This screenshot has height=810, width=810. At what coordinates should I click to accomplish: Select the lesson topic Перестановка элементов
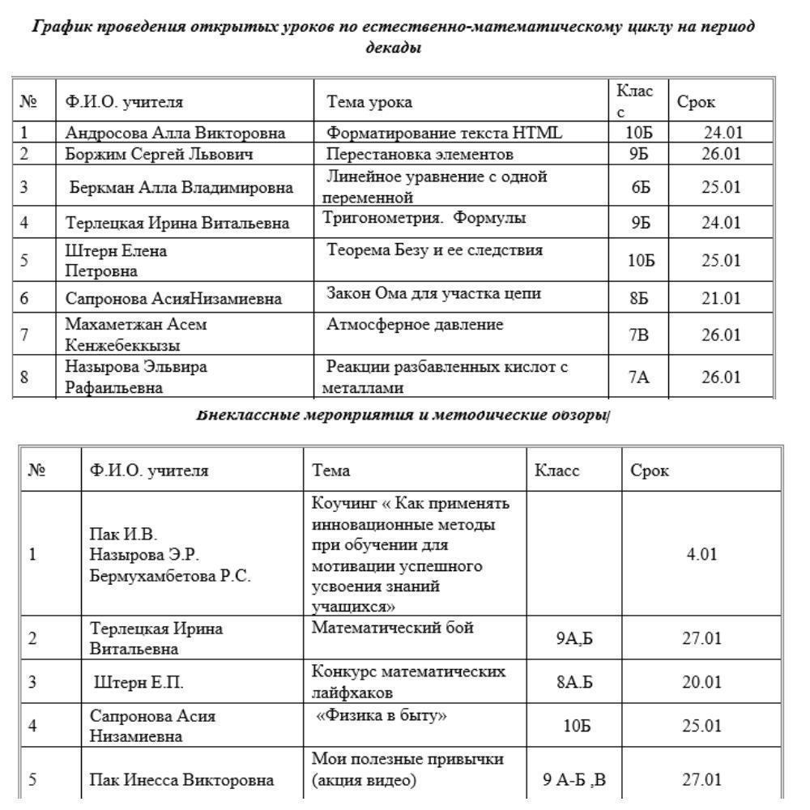(x=420, y=154)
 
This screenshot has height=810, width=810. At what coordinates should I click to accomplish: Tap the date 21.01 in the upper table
(x=721, y=298)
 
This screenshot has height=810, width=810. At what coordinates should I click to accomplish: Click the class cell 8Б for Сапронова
(x=639, y=298)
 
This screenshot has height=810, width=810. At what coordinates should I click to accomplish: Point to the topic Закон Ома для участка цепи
(x=433, y=293)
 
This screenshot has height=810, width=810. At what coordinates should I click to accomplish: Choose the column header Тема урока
(x=369, y=102)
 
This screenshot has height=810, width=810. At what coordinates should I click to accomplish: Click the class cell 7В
(x=639, y=335)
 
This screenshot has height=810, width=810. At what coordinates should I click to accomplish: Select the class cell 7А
(x=639, y=377)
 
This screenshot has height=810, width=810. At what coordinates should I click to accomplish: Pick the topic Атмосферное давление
(x=415, y=326)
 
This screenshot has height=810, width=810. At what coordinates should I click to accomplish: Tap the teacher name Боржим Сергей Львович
(x=160, y=154)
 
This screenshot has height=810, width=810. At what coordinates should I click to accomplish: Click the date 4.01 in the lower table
(x=701, y=555)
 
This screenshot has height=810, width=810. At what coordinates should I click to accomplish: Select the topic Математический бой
(x=392, y=628)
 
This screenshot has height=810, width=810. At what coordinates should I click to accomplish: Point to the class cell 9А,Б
(x=575, y=638)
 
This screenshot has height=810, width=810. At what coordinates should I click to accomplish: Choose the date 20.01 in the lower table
(x=701, y=682)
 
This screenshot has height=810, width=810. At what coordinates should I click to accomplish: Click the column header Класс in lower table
(x=557, y=471)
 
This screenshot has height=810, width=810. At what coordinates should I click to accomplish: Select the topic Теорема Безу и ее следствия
(x=435, y=250)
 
